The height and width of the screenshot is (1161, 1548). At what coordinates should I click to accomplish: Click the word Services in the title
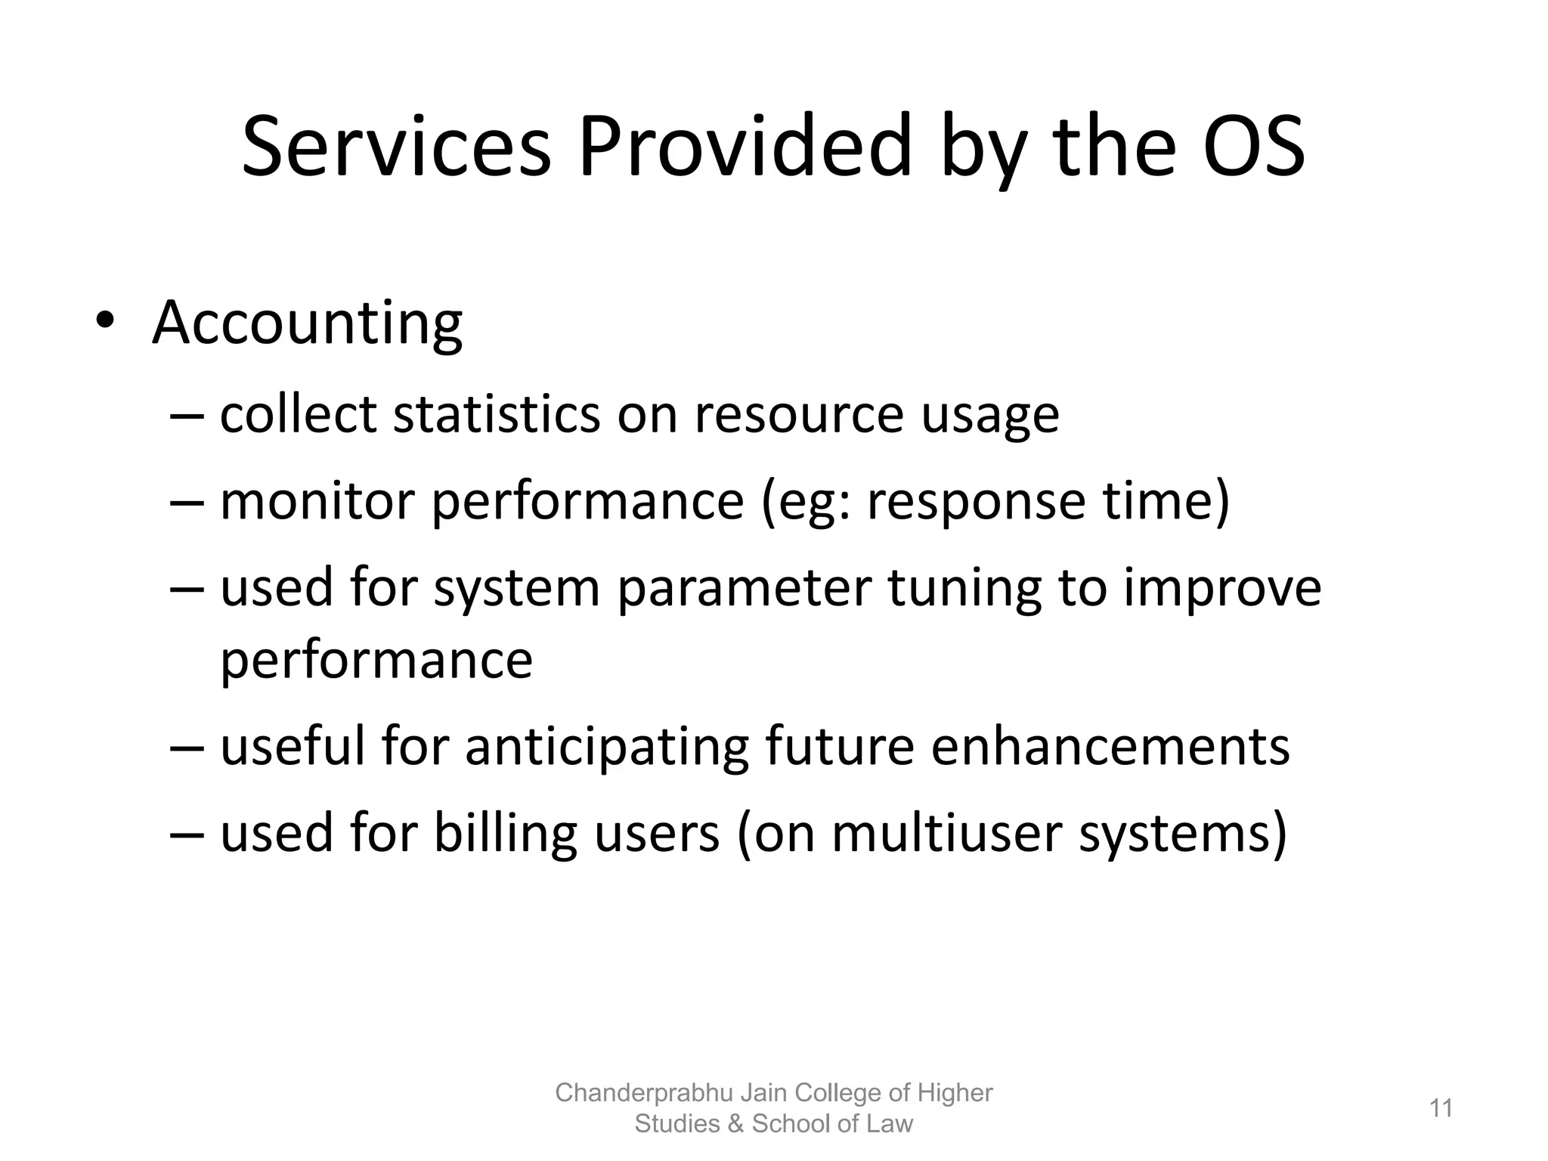point(396,147)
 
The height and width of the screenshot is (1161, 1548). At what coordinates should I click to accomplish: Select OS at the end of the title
point(1253,147)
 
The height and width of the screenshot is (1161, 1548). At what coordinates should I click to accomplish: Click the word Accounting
point(307,324)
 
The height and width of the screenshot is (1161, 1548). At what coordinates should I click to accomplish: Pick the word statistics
point(497,415)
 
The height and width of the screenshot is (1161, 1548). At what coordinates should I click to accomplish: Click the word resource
point(799,415)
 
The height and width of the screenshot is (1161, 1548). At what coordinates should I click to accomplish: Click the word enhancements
point(1110,747)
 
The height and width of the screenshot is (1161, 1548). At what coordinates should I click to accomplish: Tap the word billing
point(506,833)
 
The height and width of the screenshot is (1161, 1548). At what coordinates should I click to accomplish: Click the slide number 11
point(1441,1108)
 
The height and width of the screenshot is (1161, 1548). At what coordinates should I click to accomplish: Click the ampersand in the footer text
point(735,1124)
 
